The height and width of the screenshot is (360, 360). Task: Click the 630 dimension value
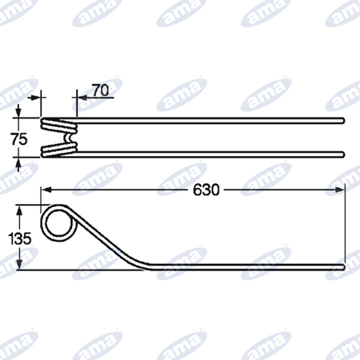click(x=206, y=190)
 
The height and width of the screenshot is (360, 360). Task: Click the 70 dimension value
click(x=101, y=90)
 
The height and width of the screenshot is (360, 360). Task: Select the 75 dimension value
click(x=19, y=139)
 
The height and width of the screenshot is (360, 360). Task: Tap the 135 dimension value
click(x=20, y=238)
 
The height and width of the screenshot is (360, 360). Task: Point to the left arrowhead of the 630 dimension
click(x=46, y=190)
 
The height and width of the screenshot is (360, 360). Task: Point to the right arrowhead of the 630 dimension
click(x=339, y=190)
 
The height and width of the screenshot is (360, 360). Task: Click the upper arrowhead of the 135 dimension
click(x=19, y=210)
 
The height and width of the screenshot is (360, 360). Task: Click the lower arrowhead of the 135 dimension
click(x=19, y=264)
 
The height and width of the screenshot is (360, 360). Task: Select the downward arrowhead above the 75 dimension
click(x=18, y=112)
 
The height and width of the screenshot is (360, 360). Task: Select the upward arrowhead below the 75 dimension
click(x=18, y=162)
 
